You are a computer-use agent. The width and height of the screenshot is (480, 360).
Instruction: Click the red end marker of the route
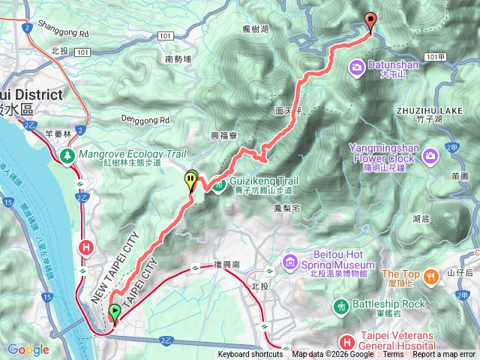point(370,22)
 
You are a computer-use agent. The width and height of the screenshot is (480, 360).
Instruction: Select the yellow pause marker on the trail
point(191,180)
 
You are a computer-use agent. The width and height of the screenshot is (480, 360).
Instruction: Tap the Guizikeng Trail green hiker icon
point(217,181)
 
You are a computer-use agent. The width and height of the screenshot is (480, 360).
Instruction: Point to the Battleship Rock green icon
point(341,306)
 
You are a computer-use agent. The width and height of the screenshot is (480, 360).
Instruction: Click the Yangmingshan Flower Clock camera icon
point(430,155)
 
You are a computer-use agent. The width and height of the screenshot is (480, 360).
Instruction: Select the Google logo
point(28,349)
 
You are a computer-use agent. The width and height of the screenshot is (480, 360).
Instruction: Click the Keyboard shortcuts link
point(250,355)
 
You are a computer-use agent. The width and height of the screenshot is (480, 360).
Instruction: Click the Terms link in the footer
point(394,355)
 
